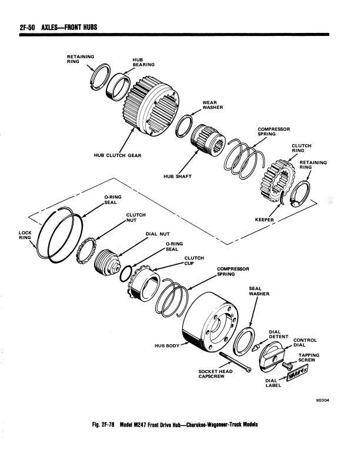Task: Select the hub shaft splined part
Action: [208, 139]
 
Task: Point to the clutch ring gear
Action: [278, 181]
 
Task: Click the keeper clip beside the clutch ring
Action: [282, 198]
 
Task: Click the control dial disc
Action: [271, 357]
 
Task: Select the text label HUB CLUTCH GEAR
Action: [118, 155]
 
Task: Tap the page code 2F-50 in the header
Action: [27, 27]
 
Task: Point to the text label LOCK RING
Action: [25, 235]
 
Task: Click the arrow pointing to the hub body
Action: [185, 344]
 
